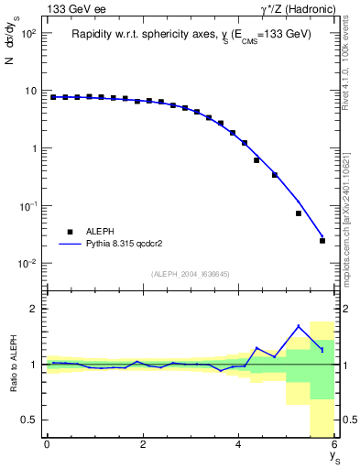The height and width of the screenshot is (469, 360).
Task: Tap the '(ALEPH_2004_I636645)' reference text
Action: pyautogui.click(x=190, y=274)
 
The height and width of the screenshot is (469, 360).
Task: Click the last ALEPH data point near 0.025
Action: pyautogui.click(x=322, y=241)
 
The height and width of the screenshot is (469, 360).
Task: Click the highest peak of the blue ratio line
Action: pyautogui.click(x=299, y=326)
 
